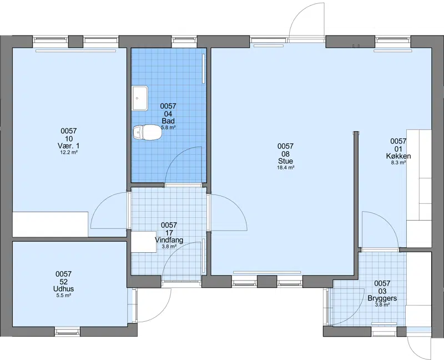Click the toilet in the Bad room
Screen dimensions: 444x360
(x=147, y=133)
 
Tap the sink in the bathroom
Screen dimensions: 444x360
(x=140, y=98)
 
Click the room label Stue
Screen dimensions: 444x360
(x=285, y=161)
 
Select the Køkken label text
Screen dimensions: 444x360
(x=398, y=156)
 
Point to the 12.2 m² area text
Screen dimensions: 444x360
(x=69, y=152)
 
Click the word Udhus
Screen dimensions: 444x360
(x=64, y=289)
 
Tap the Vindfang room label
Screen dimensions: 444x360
(x=169, y=240)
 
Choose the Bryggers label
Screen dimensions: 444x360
(x=382, y=298)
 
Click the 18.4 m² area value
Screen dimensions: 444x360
(x=285, y=167)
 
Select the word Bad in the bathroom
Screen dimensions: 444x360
(x=168, y=121)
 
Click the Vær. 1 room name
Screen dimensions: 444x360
(x=68, y=146)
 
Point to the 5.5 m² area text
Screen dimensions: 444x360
(x=63, y=295)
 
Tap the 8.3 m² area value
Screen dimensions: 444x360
(x=398, y=162)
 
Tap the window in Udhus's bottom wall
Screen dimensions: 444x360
(x=67, y=331)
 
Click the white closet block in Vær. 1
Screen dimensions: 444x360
(x=50, y=224)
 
